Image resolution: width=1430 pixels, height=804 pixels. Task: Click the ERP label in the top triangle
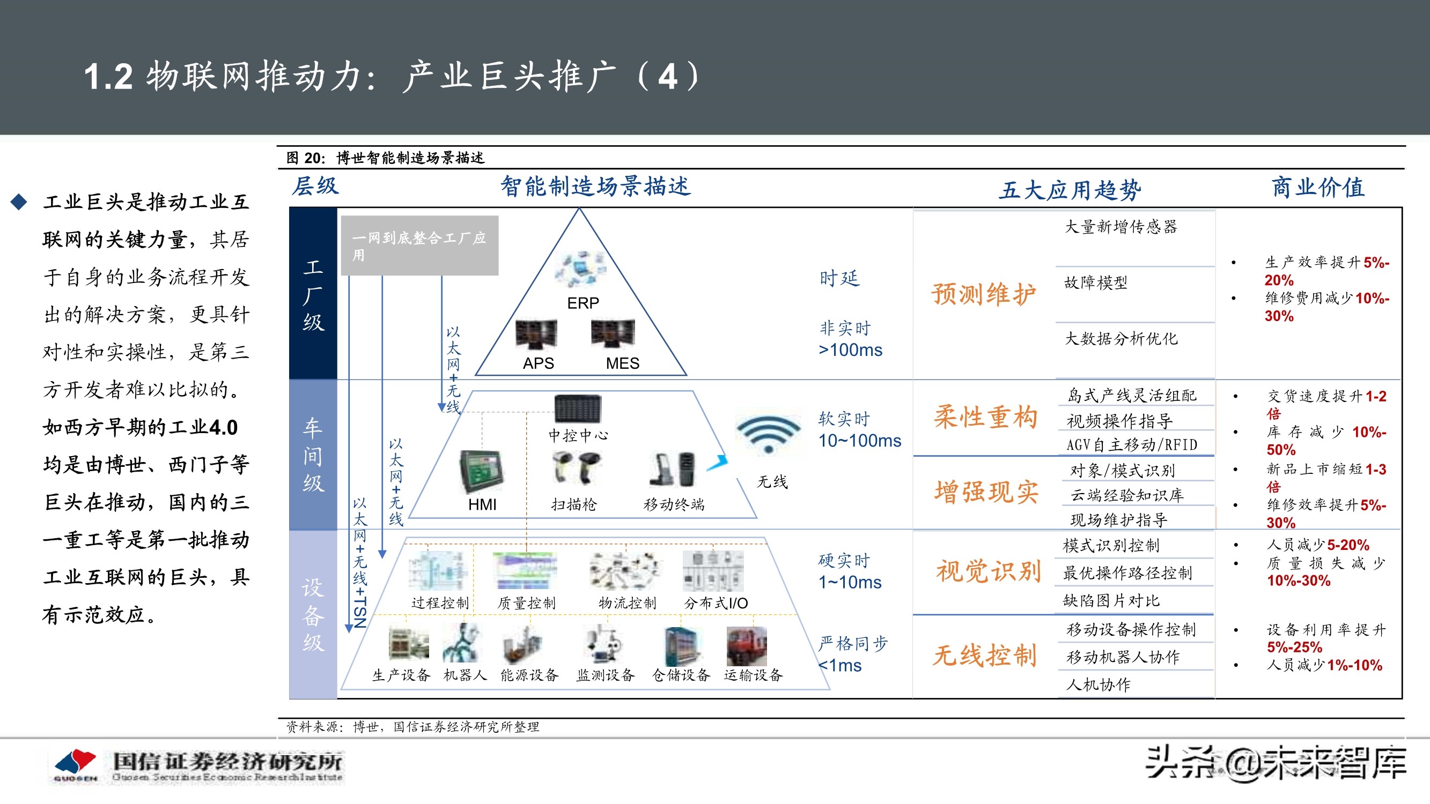point(583,303)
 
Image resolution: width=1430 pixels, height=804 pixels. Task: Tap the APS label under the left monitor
point(538,363)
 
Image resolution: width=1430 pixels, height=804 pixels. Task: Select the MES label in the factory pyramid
point(622,363)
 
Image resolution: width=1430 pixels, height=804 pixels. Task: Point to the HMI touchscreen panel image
point(481,471)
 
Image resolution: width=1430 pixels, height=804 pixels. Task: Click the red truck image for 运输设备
point(747,646)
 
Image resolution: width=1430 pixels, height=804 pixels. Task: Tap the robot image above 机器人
point(461,643)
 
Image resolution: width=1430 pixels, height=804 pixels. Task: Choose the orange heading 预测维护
point(984,294)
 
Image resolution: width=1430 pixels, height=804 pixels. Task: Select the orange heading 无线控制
point(984,656)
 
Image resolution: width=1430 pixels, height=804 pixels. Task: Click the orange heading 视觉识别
point(988,571)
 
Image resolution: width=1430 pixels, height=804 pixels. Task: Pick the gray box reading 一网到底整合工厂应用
point(419,246)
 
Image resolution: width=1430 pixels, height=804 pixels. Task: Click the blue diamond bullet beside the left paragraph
point(19,202)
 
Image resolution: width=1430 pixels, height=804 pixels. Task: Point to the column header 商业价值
point(1317,188)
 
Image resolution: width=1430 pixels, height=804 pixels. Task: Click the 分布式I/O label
point(716,602)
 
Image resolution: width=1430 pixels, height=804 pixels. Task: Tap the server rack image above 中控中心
point(577,410)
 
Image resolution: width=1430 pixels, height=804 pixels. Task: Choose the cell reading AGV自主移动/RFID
point(1131,444)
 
